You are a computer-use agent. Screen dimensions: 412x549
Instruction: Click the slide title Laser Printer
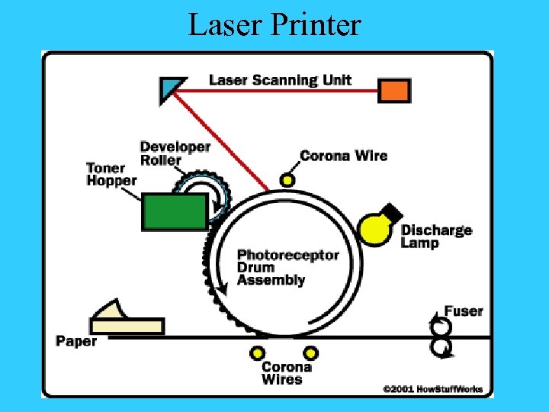pos(274,24)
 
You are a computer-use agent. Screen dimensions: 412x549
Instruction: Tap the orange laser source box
pos(394,91)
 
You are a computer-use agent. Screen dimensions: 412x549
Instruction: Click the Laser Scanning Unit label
pos(280,80)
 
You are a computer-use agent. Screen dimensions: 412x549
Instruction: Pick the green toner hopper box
pos(175,211)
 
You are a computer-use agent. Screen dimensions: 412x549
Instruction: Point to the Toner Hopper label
pos(111,174)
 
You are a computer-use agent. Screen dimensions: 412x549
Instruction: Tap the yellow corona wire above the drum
pos(287,180)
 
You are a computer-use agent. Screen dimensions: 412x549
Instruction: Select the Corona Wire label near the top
pos(343,156)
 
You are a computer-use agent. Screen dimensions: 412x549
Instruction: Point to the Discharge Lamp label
pos(436,237)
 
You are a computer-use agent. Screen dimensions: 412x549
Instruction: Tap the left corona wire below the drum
pos(258,353)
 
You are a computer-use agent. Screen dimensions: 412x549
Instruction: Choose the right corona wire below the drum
pos(310,353)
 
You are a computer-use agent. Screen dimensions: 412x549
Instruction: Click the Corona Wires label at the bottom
pos(286,373)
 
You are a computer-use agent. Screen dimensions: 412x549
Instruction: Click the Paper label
pos(76,341)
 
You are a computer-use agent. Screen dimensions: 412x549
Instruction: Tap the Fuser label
pos(464,311)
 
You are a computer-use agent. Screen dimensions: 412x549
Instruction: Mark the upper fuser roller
pos(440,327)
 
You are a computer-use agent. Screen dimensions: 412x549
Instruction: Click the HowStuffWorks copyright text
pos(433,389)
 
